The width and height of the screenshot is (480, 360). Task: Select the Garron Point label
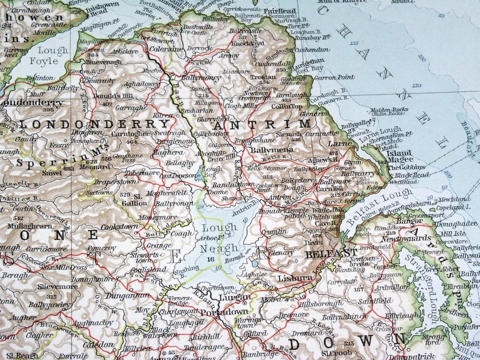click(334, 77)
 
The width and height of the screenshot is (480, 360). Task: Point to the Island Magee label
click(398, 156)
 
